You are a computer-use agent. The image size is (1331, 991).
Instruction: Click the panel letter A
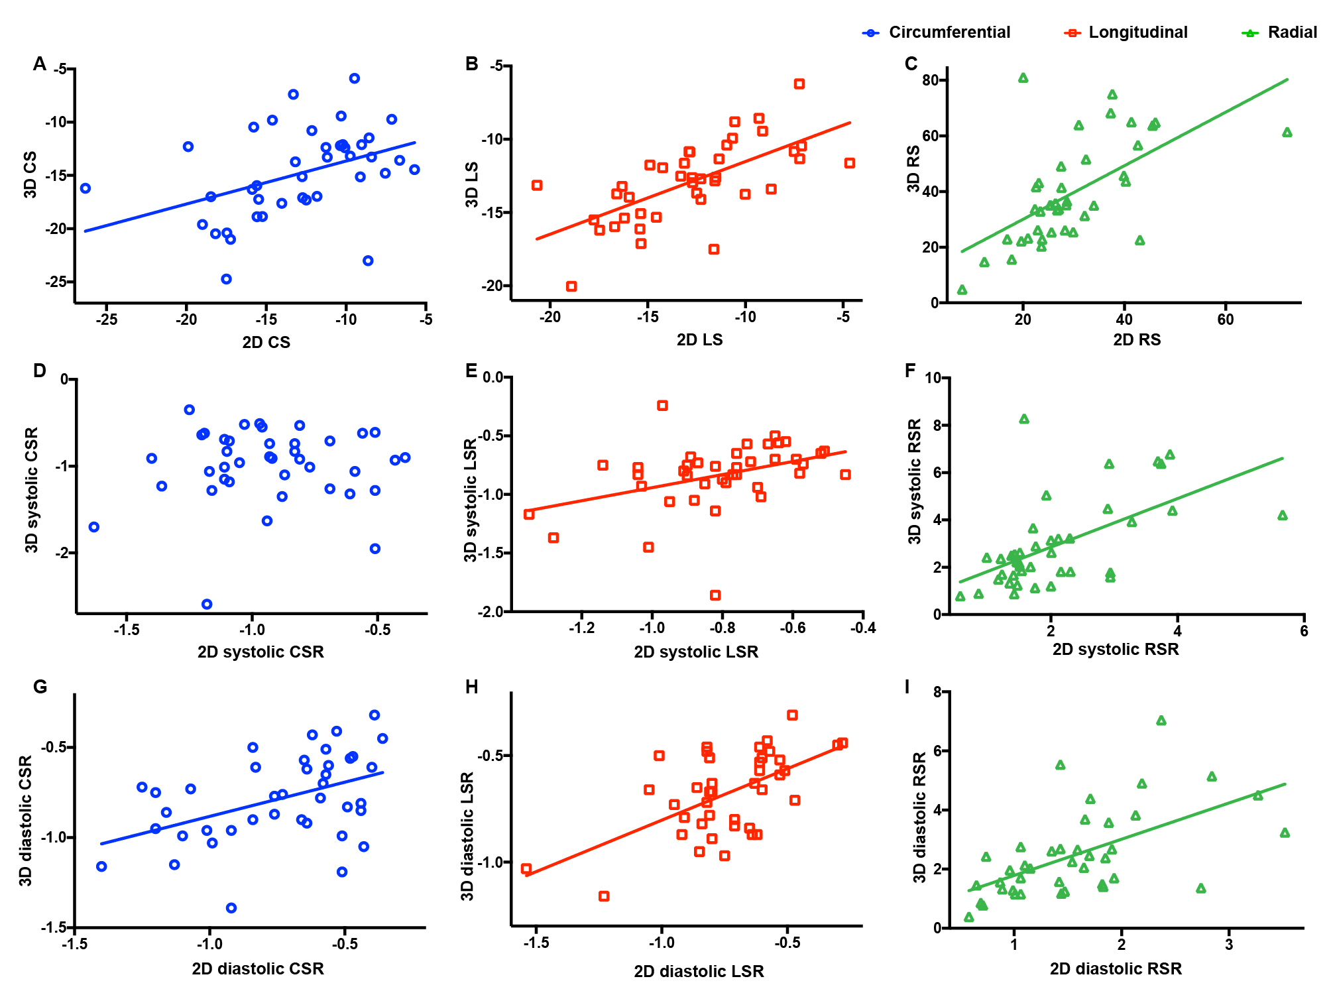tap(40, 64)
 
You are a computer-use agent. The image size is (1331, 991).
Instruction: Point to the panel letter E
tap(471, 371)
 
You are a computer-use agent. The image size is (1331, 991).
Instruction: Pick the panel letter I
tap(907, 687)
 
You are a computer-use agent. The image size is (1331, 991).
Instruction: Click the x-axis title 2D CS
tap(266, 342)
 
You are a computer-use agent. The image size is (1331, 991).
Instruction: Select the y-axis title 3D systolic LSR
tap(470, 500)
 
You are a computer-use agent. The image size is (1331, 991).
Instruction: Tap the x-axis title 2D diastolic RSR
tap(1116, 969)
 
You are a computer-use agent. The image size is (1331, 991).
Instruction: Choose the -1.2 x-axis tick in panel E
tap(581, 628)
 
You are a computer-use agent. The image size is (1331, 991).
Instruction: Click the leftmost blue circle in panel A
tap(86, 188)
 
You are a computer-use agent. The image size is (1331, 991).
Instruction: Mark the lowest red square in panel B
tap(571, 286)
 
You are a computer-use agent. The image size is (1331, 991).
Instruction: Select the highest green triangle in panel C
tap(1023, 78)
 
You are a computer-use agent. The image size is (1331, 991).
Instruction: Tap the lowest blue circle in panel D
tap(207, 604)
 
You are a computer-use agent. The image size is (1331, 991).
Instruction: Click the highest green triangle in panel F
tap(1024, 419)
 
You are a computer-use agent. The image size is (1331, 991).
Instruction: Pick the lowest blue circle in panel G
tap(231, 908)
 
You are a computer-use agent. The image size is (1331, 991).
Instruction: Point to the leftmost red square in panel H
tap(526, 868)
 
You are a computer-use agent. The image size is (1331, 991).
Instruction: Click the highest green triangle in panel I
tap(1161, 721)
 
